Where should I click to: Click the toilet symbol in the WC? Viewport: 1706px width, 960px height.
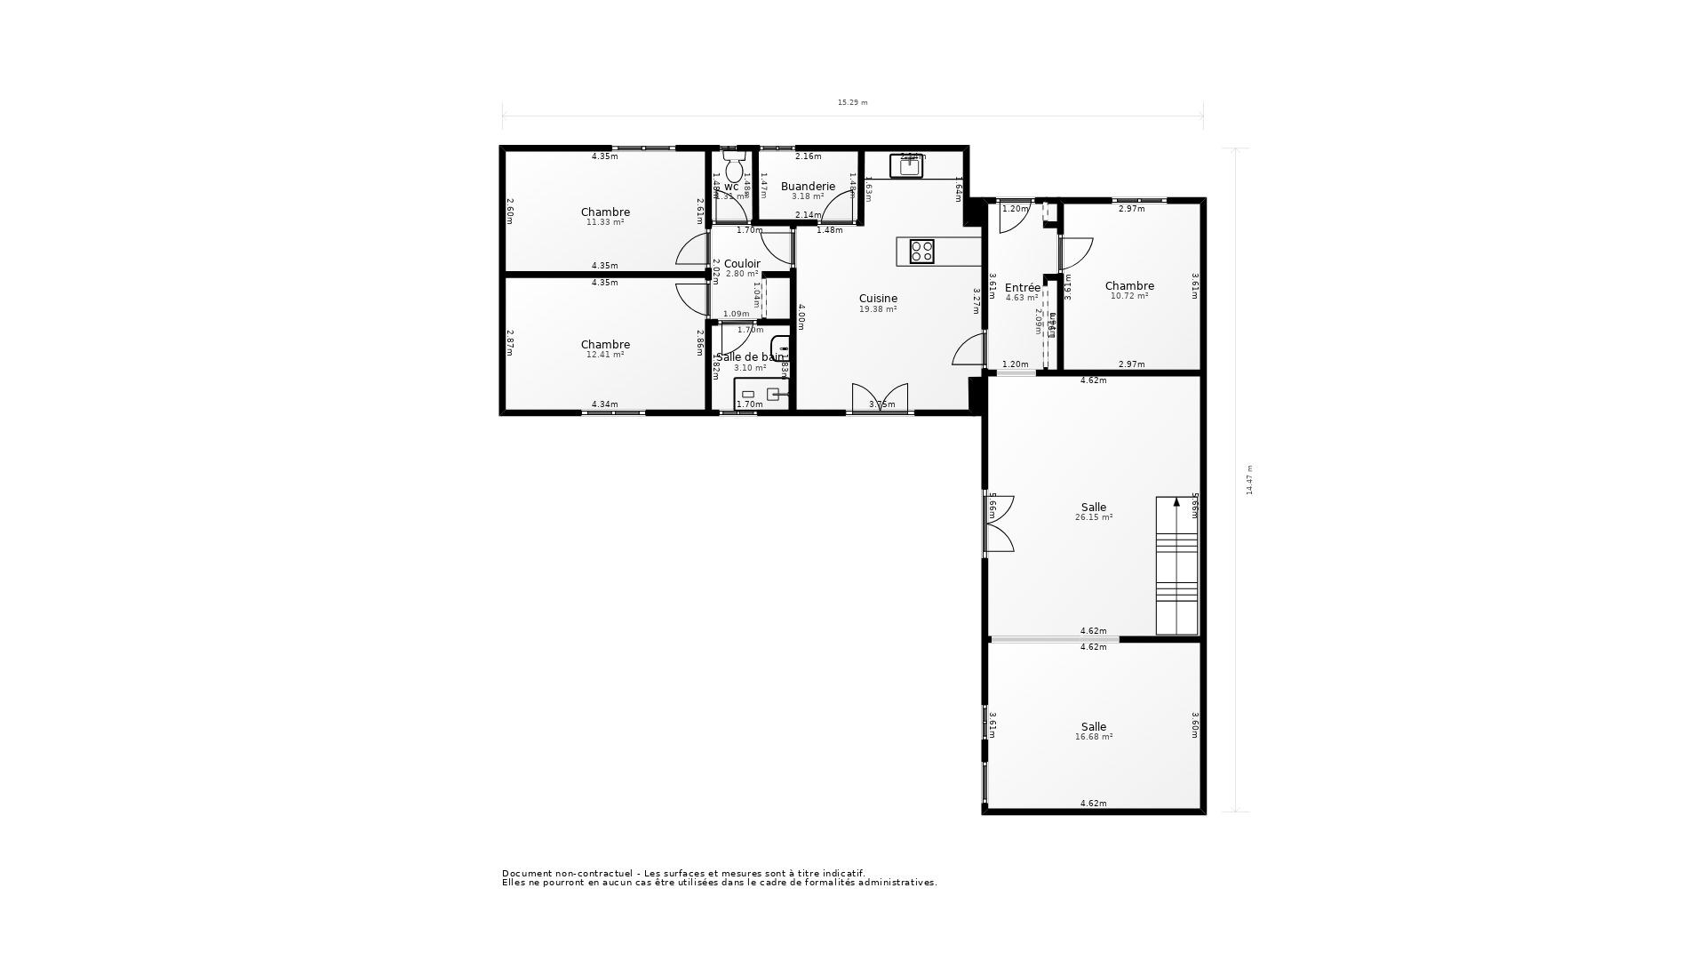[734, 166]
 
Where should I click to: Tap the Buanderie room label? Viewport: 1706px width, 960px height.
[808, 187]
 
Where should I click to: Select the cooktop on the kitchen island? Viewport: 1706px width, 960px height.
[921, 252]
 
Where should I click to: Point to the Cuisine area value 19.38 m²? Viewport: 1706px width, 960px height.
[877, 309]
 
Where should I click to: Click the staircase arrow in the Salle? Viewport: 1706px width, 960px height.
[1176, 503]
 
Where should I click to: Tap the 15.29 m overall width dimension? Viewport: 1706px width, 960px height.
[852, 103]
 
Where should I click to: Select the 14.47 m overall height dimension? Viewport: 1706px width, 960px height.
[1249, 480]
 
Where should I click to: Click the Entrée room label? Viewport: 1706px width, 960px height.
[1022, 288]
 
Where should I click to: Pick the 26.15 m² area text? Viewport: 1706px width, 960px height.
[1093, 517]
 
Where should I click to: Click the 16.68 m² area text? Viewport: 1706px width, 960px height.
[1093, 737]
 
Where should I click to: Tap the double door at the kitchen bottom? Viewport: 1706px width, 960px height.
[880, 397]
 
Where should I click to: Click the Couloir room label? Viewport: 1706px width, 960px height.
[742, 264]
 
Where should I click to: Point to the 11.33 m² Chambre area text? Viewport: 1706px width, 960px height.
[604, 222]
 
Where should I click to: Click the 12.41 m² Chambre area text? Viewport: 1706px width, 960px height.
[604, 355]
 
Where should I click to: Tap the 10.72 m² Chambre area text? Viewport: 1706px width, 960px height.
[1128, 296]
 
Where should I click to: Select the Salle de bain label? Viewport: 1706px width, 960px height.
[750, 357]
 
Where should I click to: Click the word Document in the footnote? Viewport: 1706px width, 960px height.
[523, 874]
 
